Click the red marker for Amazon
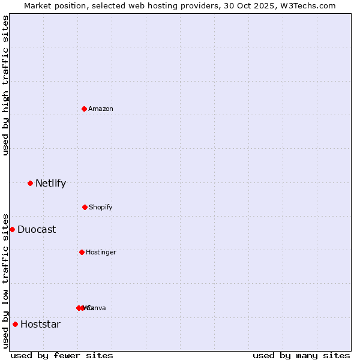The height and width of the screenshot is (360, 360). click(x=84, y=109)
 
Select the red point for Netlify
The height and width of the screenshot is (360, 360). click(x=30, y=183)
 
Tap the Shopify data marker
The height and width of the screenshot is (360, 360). click(x=85, y=207)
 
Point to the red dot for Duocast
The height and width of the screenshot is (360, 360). click(x=12, y=229)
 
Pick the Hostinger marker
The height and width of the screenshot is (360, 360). click(x=82, y=252)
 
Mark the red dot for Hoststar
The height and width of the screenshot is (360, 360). click(x=15, y=324)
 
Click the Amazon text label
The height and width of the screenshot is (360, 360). click(x=101, y=109)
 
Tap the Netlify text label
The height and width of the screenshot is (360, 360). click(x=50, y=183)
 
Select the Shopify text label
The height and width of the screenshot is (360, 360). click(x=101, y=207)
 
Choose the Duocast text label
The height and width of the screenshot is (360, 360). click(x=37, y=229)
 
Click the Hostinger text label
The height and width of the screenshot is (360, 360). click(x=101, y=252)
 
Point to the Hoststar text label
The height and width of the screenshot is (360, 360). click(x=40, y=324)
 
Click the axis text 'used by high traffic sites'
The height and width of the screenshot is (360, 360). click(x=5, y=85)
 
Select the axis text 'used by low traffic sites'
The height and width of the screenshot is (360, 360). click(x=5, y=281)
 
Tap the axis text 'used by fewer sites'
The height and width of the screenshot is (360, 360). click(x=62, y=355)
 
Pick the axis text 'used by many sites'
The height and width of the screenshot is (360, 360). click(x=301, y=355)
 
